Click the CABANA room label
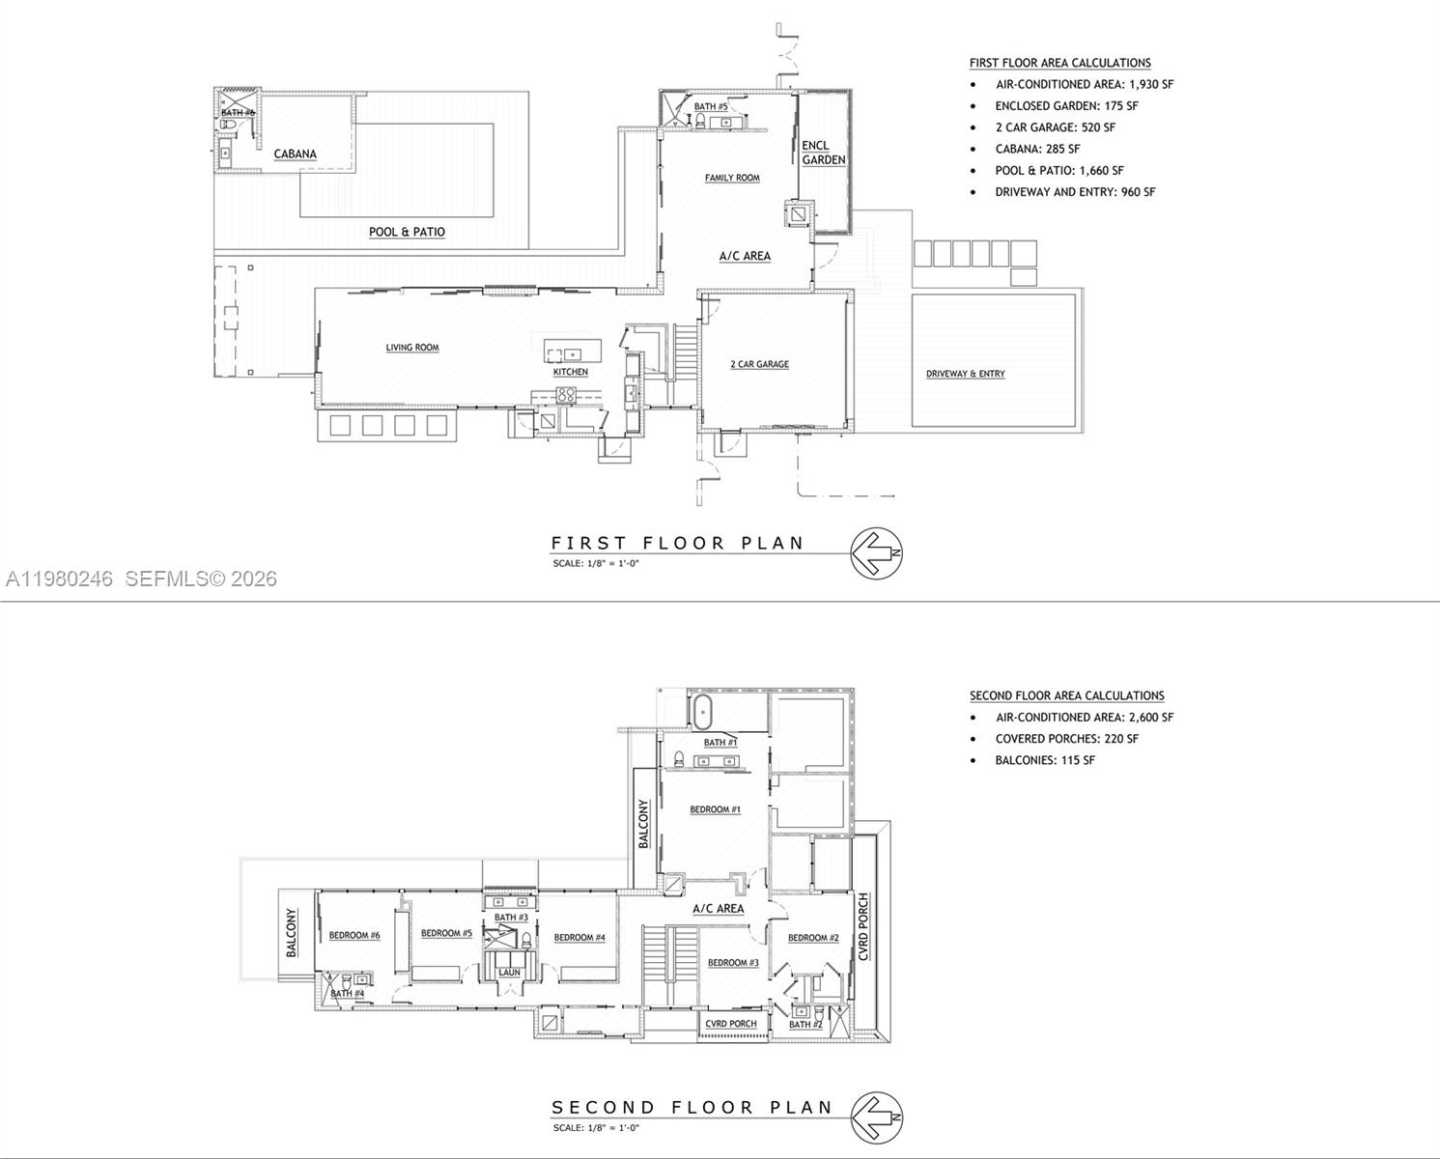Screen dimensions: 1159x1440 pyautogui.click(x=295, y=154)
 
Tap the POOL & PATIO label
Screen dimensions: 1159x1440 pyautogui.click(x=407, y=232)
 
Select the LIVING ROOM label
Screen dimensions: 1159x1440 pyautogui.click(x=412, y=348)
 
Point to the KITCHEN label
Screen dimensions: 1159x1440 pyautogui.click(x=570, y=372)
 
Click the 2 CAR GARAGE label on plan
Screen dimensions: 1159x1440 pyautogui.click(x=759, y=364)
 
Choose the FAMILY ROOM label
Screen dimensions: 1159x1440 pyautogui.click(x=732, y=178)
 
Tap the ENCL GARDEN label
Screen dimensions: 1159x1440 pyautogui.click(x=823, y=153)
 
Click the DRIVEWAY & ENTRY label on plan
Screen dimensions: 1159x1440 pyautogui.click(x=965, y=374)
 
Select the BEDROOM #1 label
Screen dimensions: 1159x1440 pyautogui.click(x=715, y=809)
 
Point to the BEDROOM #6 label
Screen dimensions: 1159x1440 pyautogui.click(x=354, y=935)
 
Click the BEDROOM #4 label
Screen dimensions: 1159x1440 pyautogui.click(x=579, y=937)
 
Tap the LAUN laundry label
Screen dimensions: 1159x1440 pyautogui.click(x=509, y=973)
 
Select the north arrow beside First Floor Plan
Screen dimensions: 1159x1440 pyautogui.click(x=876, y=553)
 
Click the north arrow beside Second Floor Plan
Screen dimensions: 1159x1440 pyautogui.click(x=876, y=1117)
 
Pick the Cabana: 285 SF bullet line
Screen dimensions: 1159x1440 pyautogui.click(x=1037, y=149)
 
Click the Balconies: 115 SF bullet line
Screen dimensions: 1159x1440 pyautogui.click(x=1045, y=760)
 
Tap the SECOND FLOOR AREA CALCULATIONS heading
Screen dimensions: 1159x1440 pyautogui.click(x=1066, y=695)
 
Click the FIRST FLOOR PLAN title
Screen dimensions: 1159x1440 pyautogui.click(x=677, y=543)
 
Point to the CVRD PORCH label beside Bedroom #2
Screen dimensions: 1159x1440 pyautogui.click(x=863, y=927)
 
